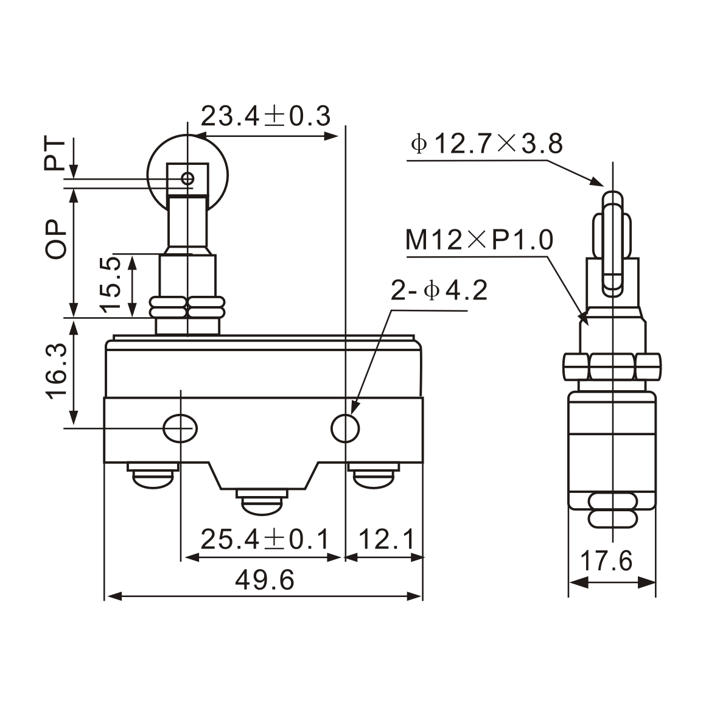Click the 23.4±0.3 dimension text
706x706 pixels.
[x=265, y=116]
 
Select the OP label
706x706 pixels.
[x=56, y=239]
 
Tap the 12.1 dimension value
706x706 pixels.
[x=386, y=539]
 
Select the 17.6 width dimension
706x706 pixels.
[x=606, y=561]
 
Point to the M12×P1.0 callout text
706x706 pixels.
[x=480, y=240]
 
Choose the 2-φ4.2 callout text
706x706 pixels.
[x=439, y=291]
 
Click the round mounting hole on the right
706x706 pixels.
[x=345, y=428]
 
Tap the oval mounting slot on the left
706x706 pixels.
[x=180, y=428]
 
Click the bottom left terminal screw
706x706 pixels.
[x=153, y=475]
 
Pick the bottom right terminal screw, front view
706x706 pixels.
[x=373, y=475]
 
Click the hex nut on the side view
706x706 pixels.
[x=612, y=366]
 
